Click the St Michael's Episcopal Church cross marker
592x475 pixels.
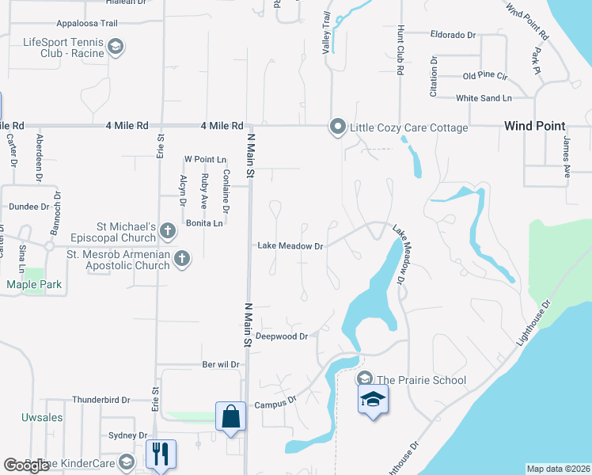click(167, 231)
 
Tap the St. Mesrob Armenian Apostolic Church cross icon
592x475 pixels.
click(182, 258)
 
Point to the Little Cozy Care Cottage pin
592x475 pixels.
click(338, 127)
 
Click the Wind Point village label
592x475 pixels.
click(535, 126)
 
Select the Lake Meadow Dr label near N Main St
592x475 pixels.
click(290, 246)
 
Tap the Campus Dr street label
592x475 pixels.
click(275, 405)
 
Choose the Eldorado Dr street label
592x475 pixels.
click(453, 35)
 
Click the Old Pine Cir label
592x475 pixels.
click(485, 76)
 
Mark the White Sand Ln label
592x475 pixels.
click(484, 98)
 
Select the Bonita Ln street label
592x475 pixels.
click(204, 224)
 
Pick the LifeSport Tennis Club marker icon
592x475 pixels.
click(116, 47)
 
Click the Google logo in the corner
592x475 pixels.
click(27, 465)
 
